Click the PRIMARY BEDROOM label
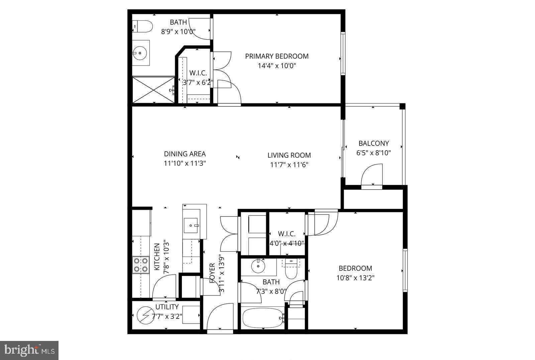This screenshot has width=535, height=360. pyautogui.click(x=277, y=56)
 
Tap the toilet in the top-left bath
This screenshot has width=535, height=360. pyautogui.click(x=142, y=26)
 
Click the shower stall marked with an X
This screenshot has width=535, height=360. pyautogui.click(x=153, y=90)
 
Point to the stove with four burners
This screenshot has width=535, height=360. pyautogui.click(x=140, y=265)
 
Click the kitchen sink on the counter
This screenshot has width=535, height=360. pyautogui.click(x=191, y=225)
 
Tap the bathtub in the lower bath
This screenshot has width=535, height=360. pyautogui.click(x=262, y=318)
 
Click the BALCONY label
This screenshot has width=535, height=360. pyautogui.click(x=373, y=143)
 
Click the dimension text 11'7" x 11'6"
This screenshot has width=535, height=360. pyautogui.click(x=289, y=165)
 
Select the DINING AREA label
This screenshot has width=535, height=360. pyautogui.click(x=185, y=154)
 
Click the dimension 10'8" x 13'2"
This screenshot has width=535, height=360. pyautogui.click(x=355, y=278)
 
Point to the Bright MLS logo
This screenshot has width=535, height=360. pyautogui.click(x=29, y=350)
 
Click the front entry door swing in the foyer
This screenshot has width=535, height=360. pyautogui.click(x=220, y=317)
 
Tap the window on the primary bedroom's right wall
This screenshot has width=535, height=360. pyautogui.click(x=343, y=53)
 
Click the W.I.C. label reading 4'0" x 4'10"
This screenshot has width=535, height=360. pyautogui.click(x=287, y=234)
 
